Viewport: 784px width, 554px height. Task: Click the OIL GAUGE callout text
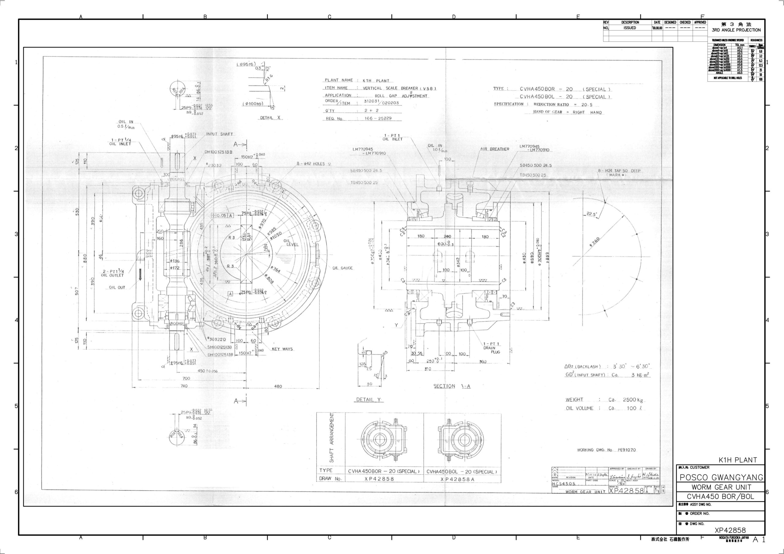342,268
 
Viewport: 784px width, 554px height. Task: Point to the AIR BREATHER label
494,149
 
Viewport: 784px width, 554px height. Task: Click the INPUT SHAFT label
219,134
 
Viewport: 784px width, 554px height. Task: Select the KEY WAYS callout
282,349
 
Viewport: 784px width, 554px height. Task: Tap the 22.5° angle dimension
591,214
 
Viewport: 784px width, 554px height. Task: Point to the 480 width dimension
278,386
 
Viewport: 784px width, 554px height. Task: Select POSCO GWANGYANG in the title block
721,477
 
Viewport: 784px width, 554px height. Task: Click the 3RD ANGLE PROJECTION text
736,30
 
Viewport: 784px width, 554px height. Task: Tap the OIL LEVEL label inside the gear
291,242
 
